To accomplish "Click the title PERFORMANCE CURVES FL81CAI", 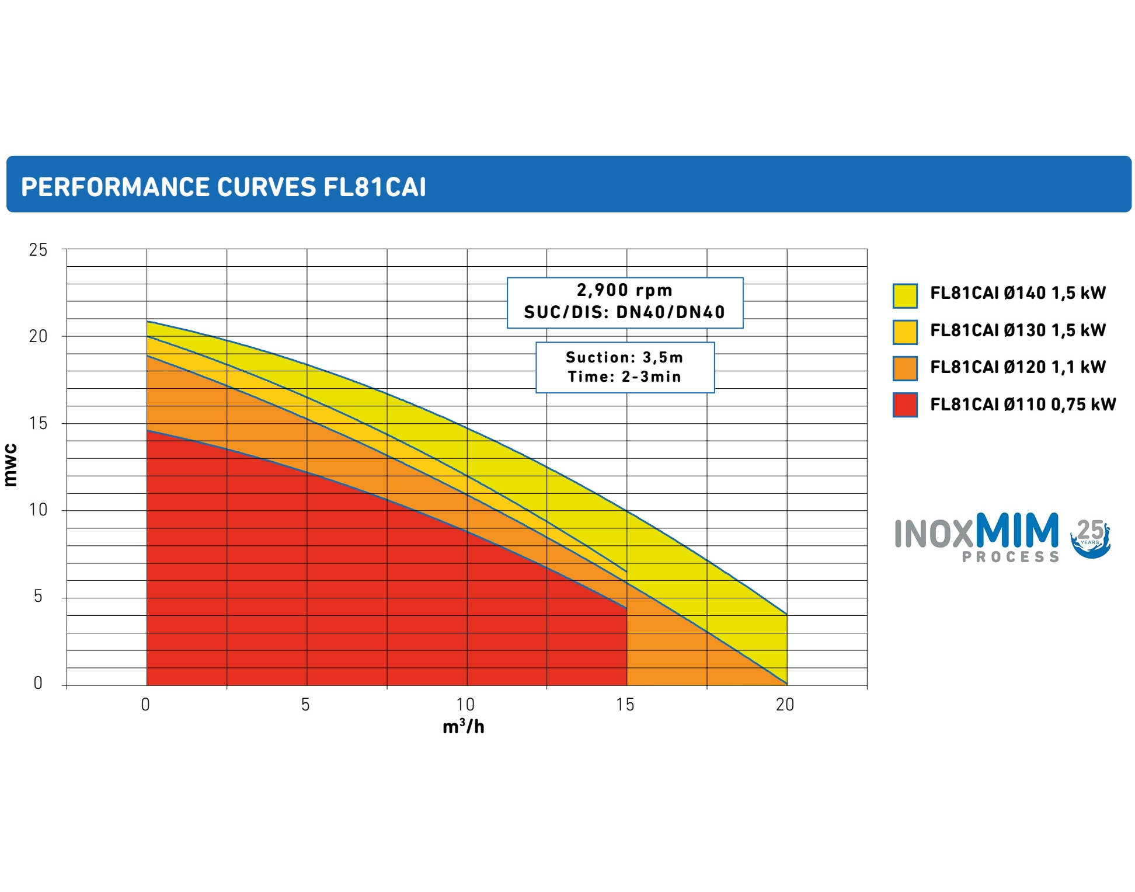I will pos(224,187).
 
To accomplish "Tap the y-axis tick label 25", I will pos(38,250).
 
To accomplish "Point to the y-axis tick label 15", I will pos(38,423).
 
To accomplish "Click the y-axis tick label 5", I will pos(38,596).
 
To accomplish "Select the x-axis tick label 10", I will pos(465,705).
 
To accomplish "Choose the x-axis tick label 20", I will pos(785,705).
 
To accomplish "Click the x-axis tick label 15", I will pos(625,705).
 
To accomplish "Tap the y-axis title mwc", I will pos(11,465).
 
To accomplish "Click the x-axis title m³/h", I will pos(464,727).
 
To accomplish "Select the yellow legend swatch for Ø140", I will pos(905,295).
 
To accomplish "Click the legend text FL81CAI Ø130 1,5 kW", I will pos(1018,330).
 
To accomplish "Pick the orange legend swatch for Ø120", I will pos(905,368).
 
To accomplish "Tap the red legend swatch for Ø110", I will pos(905,405).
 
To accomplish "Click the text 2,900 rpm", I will pos(625,290).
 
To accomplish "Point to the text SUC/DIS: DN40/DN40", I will pos(625,312).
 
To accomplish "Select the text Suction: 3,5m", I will pos(625,357).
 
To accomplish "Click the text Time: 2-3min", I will pos(625,377).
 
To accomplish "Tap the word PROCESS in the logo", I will pos(1011,557).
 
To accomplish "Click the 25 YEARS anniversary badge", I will pos(1090,538).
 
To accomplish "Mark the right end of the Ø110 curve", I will pos(626,608).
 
